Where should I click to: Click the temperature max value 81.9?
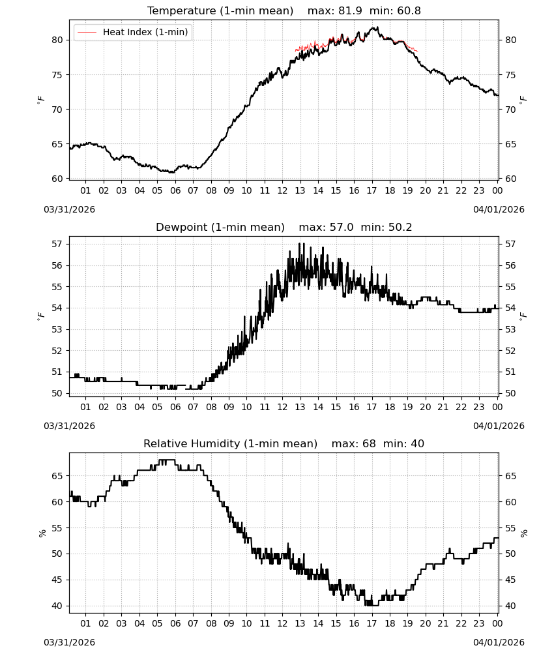point(351,11)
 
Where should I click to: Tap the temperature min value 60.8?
point(409,11)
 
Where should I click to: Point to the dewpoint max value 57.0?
point(342,228)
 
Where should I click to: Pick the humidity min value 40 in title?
point(418,443)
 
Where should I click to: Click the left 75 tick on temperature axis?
point(58,75)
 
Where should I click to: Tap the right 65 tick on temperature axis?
point(511,144)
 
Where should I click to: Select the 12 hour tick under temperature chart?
point(283,190)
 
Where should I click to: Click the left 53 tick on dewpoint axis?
point(57,329)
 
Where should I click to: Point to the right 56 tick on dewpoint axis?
point(511,265)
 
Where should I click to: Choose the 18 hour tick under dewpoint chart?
point(390,407)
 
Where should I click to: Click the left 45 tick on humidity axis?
point(57,580)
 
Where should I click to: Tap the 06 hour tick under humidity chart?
point(175,623)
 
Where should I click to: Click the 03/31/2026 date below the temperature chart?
point(69,209)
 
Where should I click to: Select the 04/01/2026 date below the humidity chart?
point(499,642)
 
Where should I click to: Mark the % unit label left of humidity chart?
point(42,533)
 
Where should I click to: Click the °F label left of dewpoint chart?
point(40,317)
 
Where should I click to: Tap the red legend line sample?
point(87,32)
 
